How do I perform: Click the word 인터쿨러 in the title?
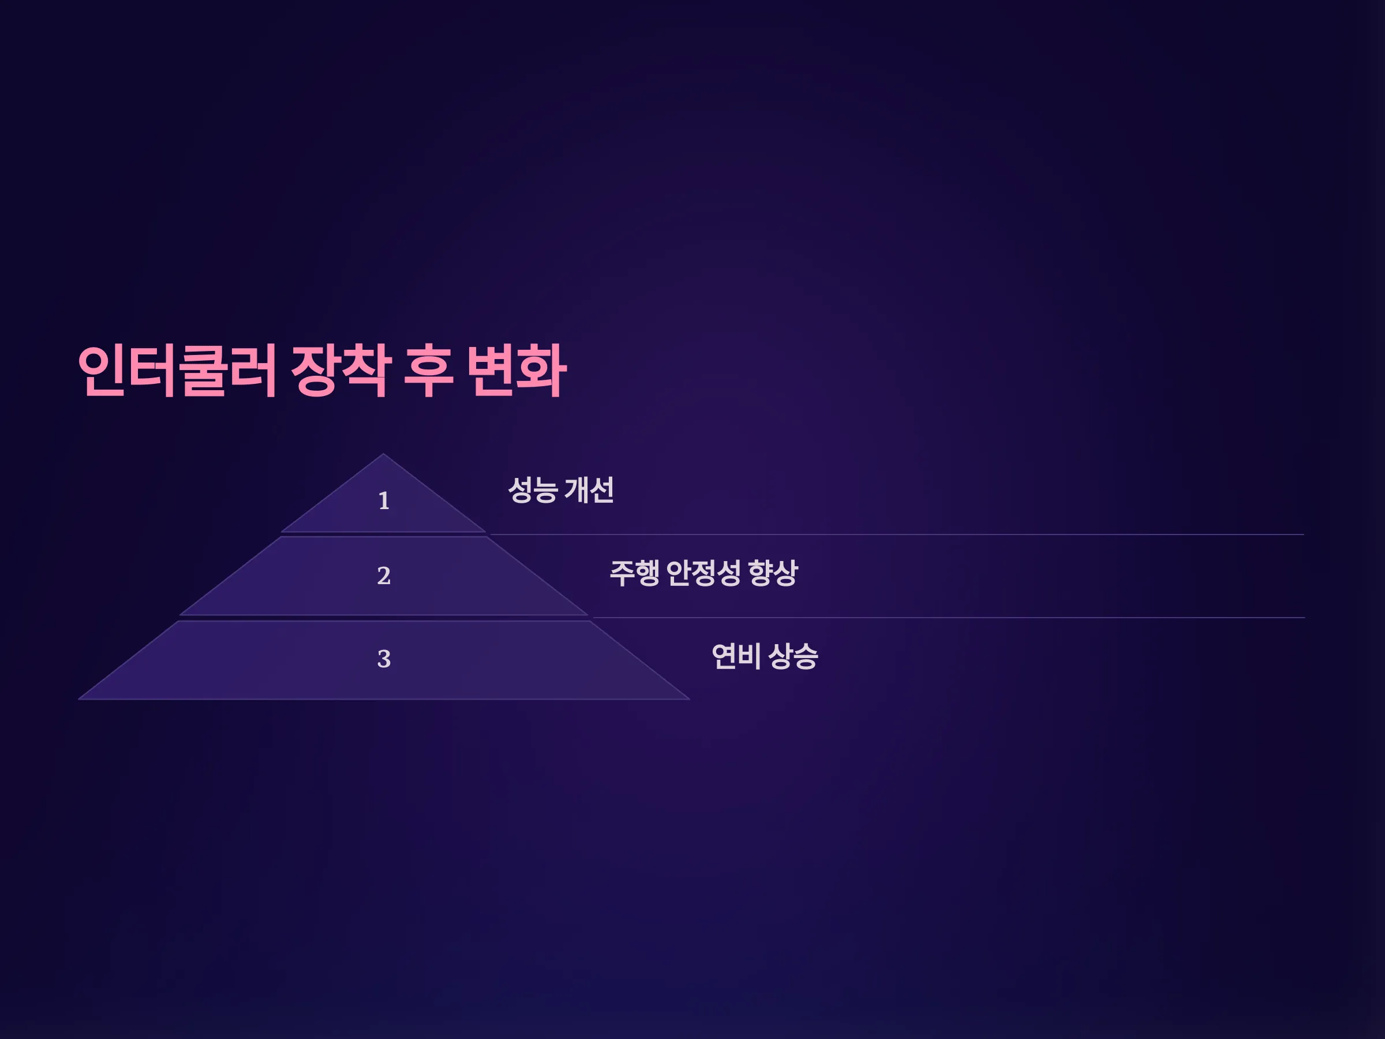[177, 371]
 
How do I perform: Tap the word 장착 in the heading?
[342, 371]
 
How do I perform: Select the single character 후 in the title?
[429, 371]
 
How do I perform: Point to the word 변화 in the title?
[516, 371]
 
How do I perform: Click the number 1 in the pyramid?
[384, 501]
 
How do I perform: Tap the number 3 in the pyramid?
[384, 659]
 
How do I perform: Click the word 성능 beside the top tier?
[532, 489]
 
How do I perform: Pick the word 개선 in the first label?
[589, 489]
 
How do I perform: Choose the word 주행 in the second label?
[634, 573]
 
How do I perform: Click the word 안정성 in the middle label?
[704, 573]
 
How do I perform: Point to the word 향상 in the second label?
[773, 573]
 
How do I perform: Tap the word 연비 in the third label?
[736, 656]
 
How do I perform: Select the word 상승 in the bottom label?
[793, 656]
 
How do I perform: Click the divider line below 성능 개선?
[897, 534]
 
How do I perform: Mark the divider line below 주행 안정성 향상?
[949, 618]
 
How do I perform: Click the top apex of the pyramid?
[383, 454]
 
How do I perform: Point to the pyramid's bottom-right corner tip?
[690, 699]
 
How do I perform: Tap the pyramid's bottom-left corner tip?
[79, 699]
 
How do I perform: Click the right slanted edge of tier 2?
[537, 575]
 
